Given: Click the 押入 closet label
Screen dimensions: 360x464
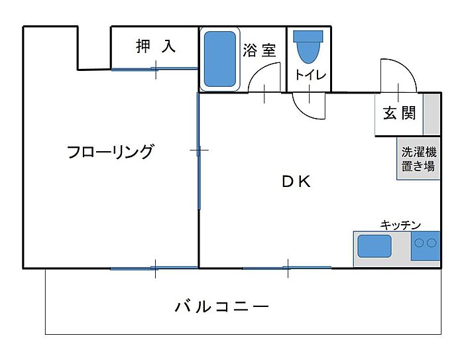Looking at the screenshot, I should coord(156,46).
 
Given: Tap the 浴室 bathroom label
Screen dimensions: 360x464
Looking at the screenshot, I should coord(259,50).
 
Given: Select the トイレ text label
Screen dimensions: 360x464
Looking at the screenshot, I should coord(310,75).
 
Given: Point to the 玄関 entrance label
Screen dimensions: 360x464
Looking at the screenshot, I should coord(399,113).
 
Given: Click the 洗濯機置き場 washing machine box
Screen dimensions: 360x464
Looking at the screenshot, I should coord(419,158).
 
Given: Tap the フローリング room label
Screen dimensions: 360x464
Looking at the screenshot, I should coord(110,152).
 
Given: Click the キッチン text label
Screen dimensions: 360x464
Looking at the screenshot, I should coord(400,225).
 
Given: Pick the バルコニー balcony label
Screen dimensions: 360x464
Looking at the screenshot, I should coord(222,307).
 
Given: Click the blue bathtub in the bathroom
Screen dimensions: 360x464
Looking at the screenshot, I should coord(220,60).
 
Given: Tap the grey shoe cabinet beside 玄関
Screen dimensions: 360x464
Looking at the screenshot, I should coord(432,114).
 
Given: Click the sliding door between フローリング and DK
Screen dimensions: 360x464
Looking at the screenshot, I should coord(198,151).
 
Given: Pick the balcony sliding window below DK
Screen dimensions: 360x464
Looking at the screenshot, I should coord(287,268).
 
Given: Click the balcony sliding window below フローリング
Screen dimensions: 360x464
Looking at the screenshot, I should coord(154,268).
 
